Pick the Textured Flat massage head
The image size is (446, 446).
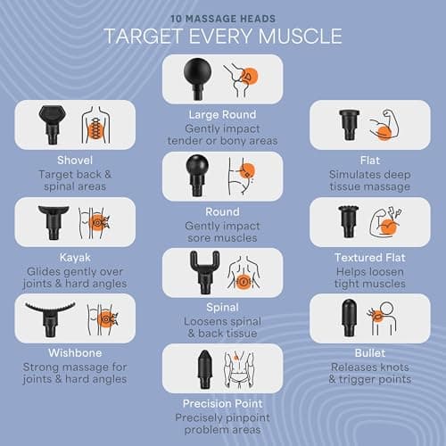347,219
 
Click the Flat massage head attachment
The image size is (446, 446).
348,123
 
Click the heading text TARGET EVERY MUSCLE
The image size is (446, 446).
222,37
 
